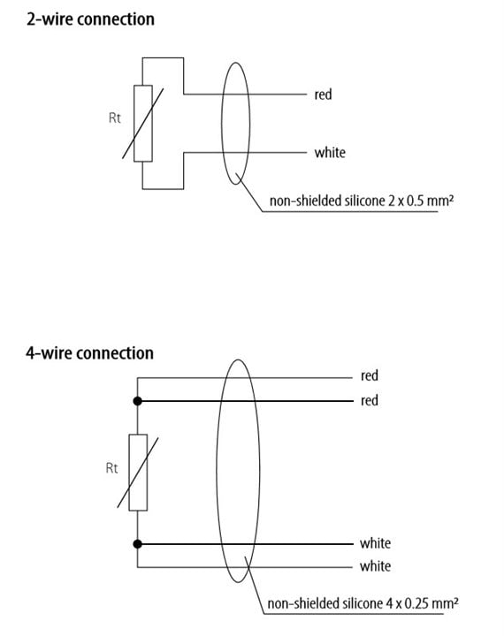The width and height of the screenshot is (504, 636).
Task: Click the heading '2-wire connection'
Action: (90, 19)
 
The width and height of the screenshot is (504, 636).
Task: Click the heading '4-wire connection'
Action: (90, 353)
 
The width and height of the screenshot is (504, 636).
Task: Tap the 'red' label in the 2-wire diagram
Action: (323, 95)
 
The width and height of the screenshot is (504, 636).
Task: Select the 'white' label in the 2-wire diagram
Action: (330, 153)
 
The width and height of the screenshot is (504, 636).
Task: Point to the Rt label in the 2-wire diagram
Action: (115, 118)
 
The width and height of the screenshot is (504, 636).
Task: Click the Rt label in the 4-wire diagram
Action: (111, 468)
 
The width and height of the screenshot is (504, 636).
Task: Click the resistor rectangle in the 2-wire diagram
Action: (143, 124)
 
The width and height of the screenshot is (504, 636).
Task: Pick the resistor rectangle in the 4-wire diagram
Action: (138, 473)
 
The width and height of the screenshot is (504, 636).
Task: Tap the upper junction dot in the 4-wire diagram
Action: (138, 401)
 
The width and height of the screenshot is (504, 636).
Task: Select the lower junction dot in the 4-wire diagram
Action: (138, 544)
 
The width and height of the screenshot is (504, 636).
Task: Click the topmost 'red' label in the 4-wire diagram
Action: (370, 375)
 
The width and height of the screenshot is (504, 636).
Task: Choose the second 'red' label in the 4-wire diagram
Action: (370, 401)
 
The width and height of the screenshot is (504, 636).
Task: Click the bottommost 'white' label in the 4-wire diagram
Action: (375, 566)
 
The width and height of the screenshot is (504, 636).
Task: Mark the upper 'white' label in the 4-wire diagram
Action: (375, 543)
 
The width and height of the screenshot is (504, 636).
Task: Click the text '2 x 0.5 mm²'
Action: (420, 201)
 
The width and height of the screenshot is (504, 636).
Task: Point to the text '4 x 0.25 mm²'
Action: (422, 603)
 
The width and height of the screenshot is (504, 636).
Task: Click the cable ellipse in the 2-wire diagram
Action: (222, 124)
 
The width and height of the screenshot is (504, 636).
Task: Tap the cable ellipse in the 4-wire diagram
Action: (217, 471)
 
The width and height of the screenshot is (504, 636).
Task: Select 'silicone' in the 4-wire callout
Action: (363, 603)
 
